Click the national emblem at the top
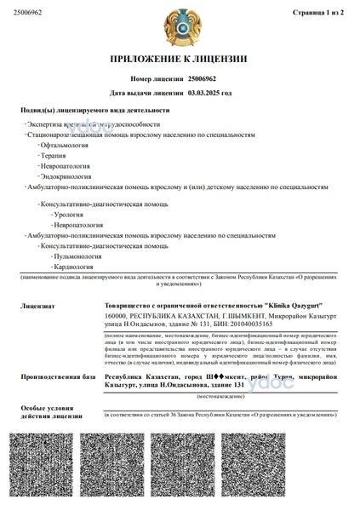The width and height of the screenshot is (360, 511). pos(180,26)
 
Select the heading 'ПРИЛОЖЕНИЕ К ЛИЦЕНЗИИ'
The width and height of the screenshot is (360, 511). pos(180,60)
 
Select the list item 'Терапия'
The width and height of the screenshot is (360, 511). pos(54,157)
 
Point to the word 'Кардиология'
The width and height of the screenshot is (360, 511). pos(73,267)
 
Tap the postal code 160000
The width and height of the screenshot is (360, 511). pos(116,315)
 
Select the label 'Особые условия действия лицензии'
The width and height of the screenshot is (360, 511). pos(43,413)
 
